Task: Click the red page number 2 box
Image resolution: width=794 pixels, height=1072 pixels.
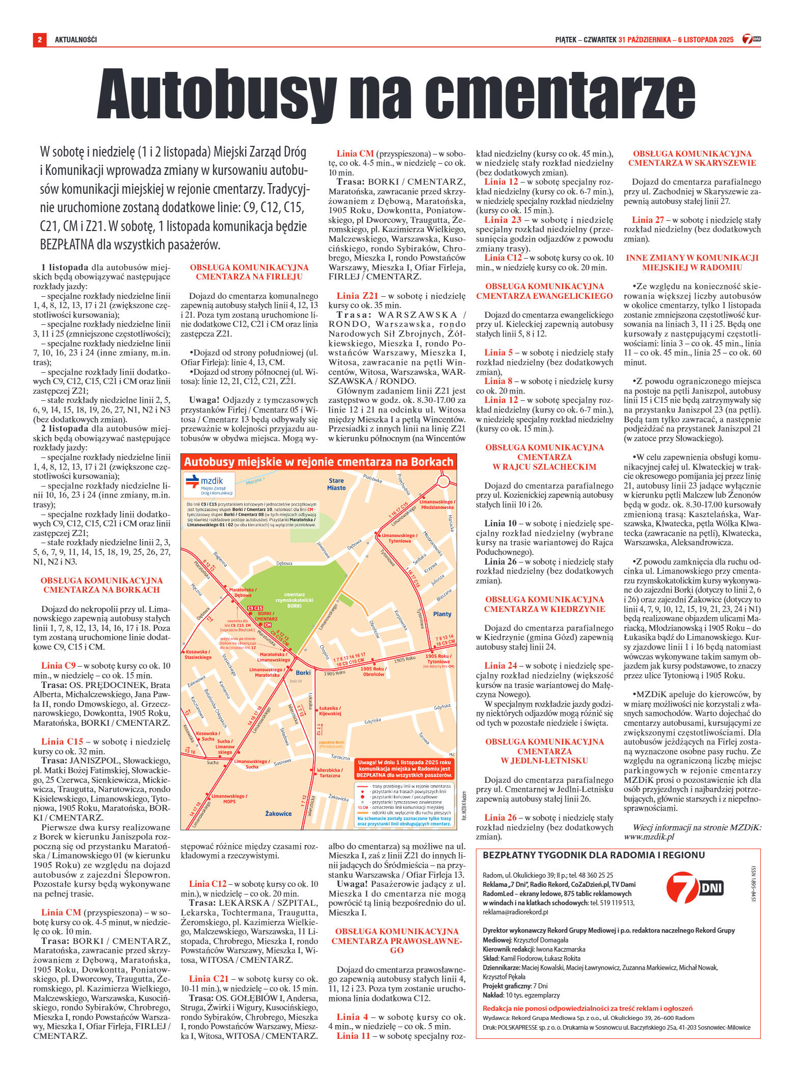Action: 39,39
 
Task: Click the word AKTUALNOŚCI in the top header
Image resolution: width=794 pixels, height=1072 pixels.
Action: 75,40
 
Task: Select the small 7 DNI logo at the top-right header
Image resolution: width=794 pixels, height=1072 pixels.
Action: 751,39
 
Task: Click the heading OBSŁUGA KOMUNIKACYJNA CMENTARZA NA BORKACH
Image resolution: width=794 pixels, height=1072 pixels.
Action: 101,585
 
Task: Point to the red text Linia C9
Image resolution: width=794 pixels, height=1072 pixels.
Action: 58,666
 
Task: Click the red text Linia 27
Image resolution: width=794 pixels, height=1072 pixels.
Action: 648,220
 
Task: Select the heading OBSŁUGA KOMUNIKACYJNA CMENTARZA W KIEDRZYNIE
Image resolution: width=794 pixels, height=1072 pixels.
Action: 544,604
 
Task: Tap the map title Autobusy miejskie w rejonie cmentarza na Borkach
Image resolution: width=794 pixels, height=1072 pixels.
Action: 319,462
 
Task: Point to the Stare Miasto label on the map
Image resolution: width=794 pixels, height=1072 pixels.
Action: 336,484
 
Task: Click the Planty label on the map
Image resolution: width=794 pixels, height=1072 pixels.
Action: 442,614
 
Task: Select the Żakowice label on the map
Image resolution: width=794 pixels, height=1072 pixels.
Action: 278,813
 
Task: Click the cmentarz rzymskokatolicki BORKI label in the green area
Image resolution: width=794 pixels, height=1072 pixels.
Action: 294,600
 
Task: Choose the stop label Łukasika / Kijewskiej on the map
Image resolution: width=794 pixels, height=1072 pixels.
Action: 330,711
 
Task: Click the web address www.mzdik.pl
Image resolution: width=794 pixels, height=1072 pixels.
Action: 649,836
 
